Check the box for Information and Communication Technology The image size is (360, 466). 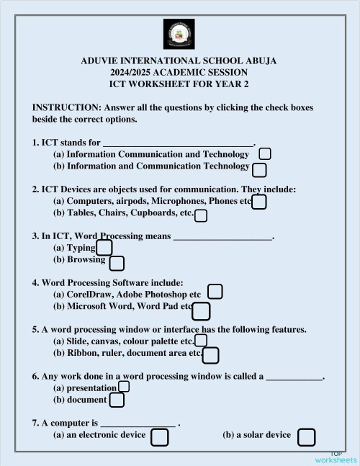[260, 169]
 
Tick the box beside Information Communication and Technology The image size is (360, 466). [265, 153]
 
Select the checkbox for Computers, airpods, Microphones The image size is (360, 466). [259, 202]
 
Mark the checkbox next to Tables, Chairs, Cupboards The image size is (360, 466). [201, 215]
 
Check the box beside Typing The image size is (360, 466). [104, 248]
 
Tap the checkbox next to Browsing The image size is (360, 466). [117, 264]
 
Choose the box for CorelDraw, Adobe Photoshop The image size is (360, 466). [215, 292]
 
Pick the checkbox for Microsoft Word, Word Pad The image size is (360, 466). [202, 310]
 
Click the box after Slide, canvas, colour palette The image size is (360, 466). [201, 340]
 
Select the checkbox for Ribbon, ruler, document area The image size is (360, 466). [211, 355]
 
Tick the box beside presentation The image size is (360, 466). [124, 387]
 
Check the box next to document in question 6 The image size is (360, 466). [117, 400]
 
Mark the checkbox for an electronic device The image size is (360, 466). [160, 437]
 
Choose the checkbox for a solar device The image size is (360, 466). [306, 437]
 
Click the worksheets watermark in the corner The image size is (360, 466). [336, 458]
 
